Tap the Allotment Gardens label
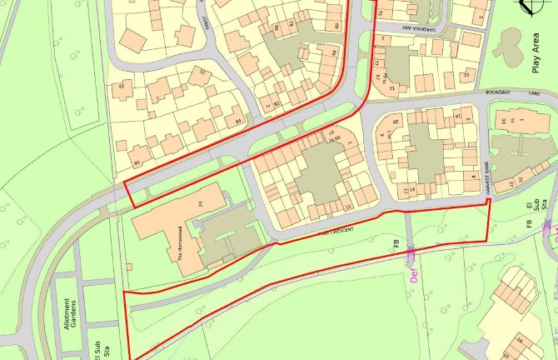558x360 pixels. point(72,312)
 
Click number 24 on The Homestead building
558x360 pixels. point(200,203)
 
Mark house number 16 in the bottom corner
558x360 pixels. point(517,341)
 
